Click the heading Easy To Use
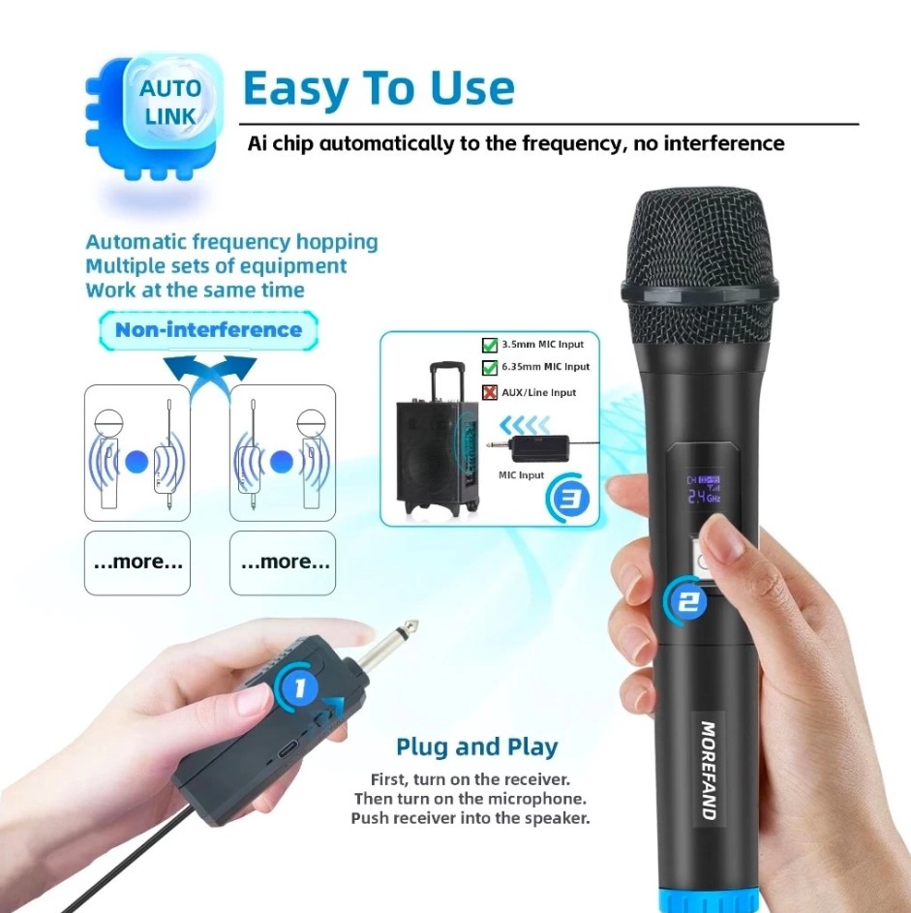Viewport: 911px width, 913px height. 379,89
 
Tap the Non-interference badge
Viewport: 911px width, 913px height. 208,329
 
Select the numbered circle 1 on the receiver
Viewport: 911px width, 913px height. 299,688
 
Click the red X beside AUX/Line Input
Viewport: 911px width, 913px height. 490,392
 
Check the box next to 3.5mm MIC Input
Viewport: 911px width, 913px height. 490,345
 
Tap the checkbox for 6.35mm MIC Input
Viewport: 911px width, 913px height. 490,368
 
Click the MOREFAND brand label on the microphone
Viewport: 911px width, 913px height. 708,770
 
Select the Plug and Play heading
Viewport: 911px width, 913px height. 476,746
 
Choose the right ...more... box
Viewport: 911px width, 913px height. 283,562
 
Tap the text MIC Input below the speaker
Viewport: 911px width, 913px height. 521,475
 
